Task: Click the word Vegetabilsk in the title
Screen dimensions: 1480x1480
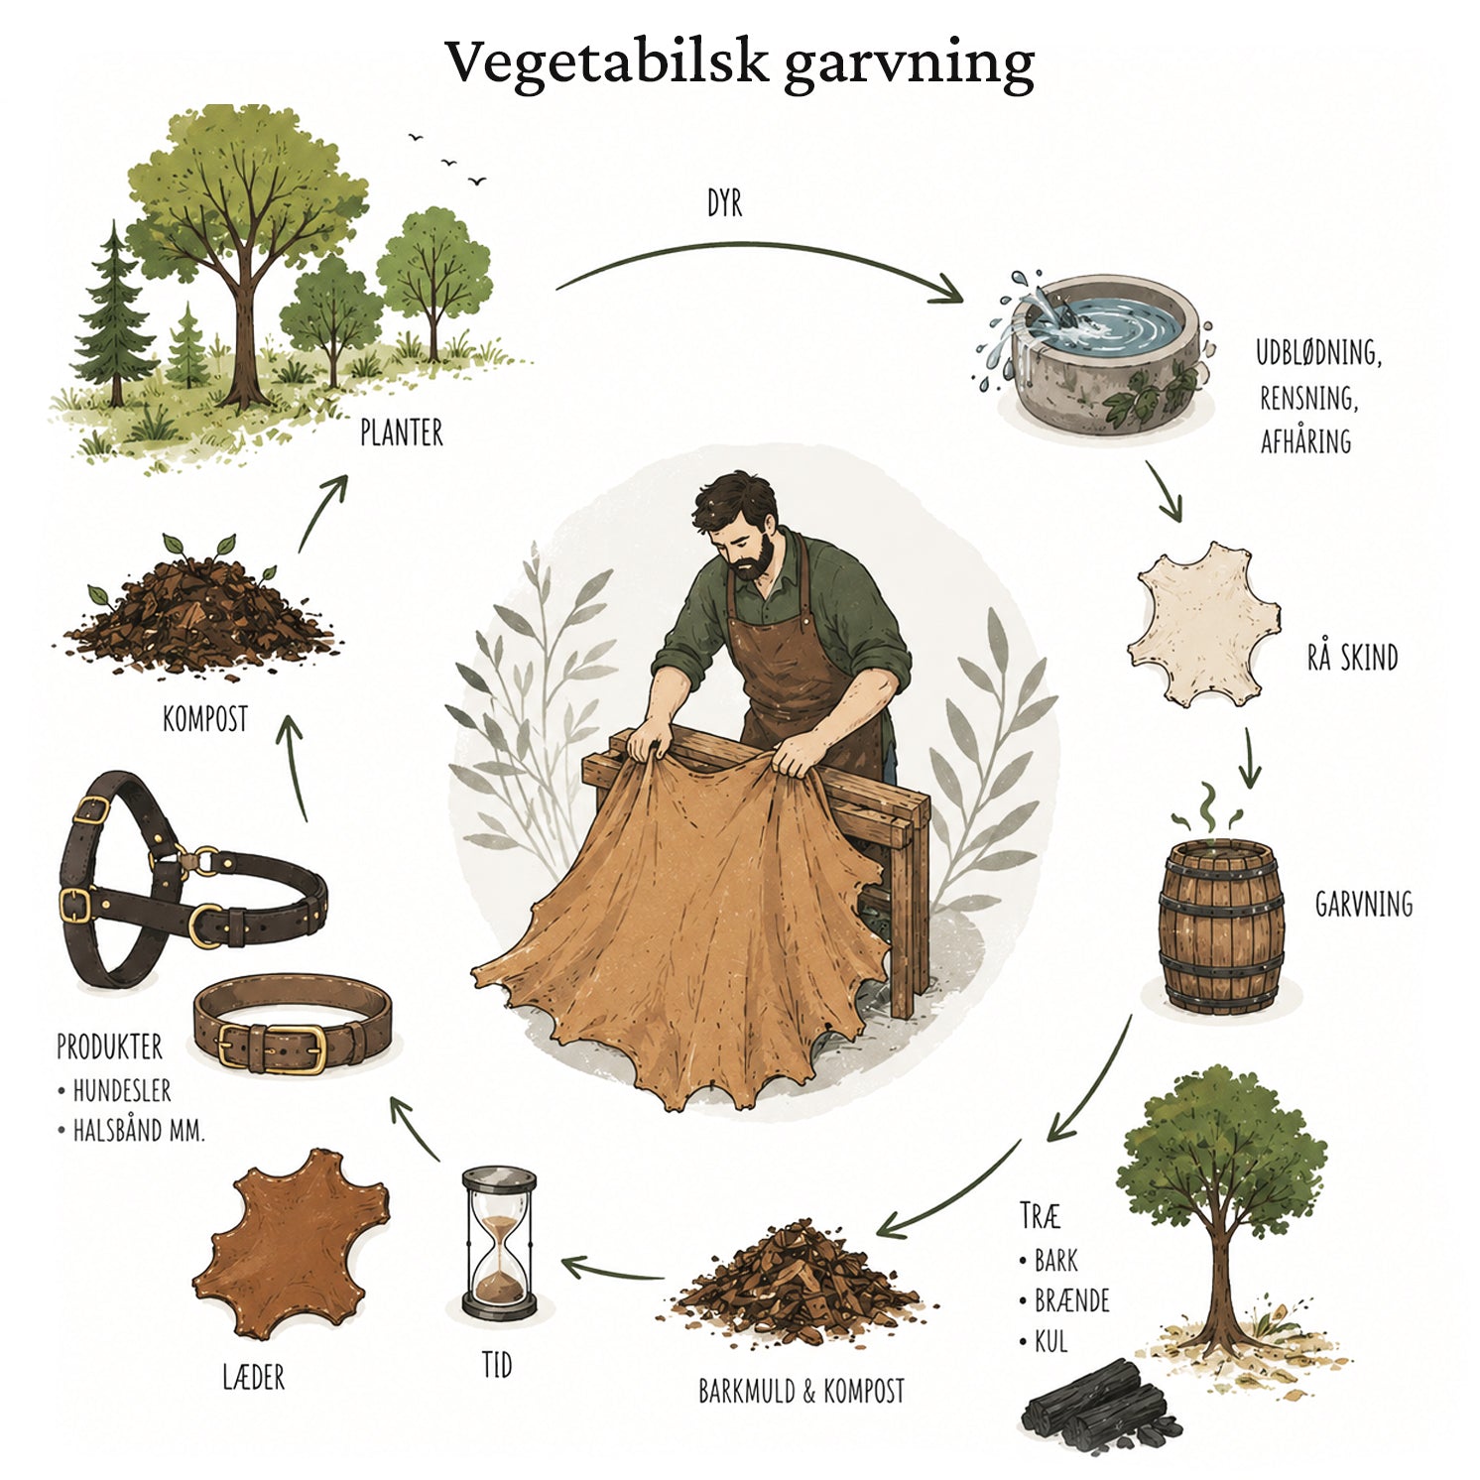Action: pyautogui.click(x=607, y=62)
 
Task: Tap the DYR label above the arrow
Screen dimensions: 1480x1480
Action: pyautogui.click(x=724, y=203)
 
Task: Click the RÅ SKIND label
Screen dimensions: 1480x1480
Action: pyautogui.click(x=1352, y=656)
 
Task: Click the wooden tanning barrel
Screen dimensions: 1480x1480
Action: pyautogui.click(x=1221, y=926)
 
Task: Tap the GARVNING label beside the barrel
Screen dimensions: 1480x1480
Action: pyautogui.click(x=1363, y=904)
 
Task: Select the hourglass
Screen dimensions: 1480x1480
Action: pyautogui.click(x=499, y=1242)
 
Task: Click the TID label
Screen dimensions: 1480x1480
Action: pyautogui.click(x=497, y=1365)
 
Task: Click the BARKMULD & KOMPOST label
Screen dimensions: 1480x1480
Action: pyautogui.click(x=802, y=1391)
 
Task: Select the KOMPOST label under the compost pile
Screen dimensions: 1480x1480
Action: pyautogui.click(x=204, y=718)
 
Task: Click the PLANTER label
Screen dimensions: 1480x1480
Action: pyautogui.click(x=401, y=433)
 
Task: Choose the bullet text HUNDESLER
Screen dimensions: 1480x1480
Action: pyautogui.click(x=122, y=1091)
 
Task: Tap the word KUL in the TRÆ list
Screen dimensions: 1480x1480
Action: pyautogui.click(x=1051, y=1342)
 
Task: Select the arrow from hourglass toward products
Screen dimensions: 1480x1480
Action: pyautogui.click(x=415, y=1128)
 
